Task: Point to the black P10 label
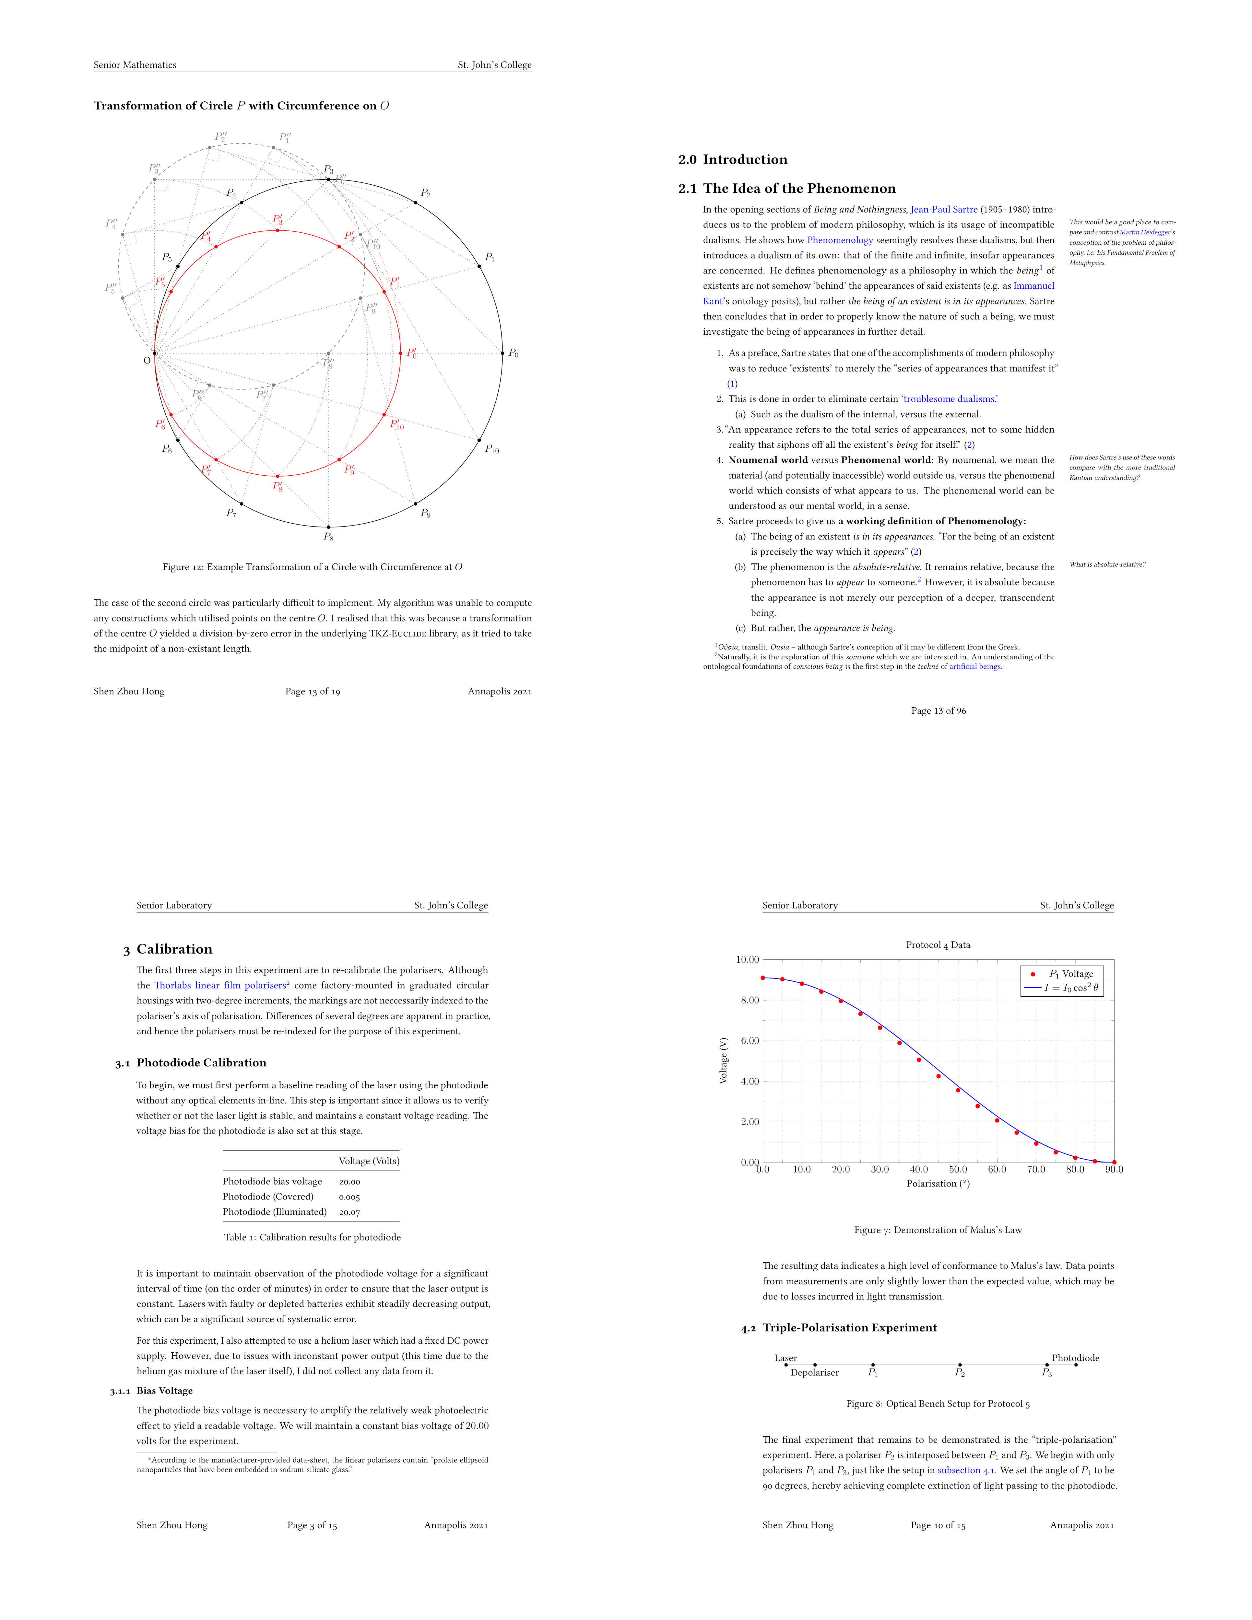tap(492, 449)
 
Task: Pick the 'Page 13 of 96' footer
tap(938, 711)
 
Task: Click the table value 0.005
tap(349, 1197)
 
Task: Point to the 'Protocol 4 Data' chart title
tap(938, 945)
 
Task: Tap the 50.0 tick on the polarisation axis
tap(958, 1170)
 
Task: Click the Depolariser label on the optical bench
tap(814, 1373)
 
